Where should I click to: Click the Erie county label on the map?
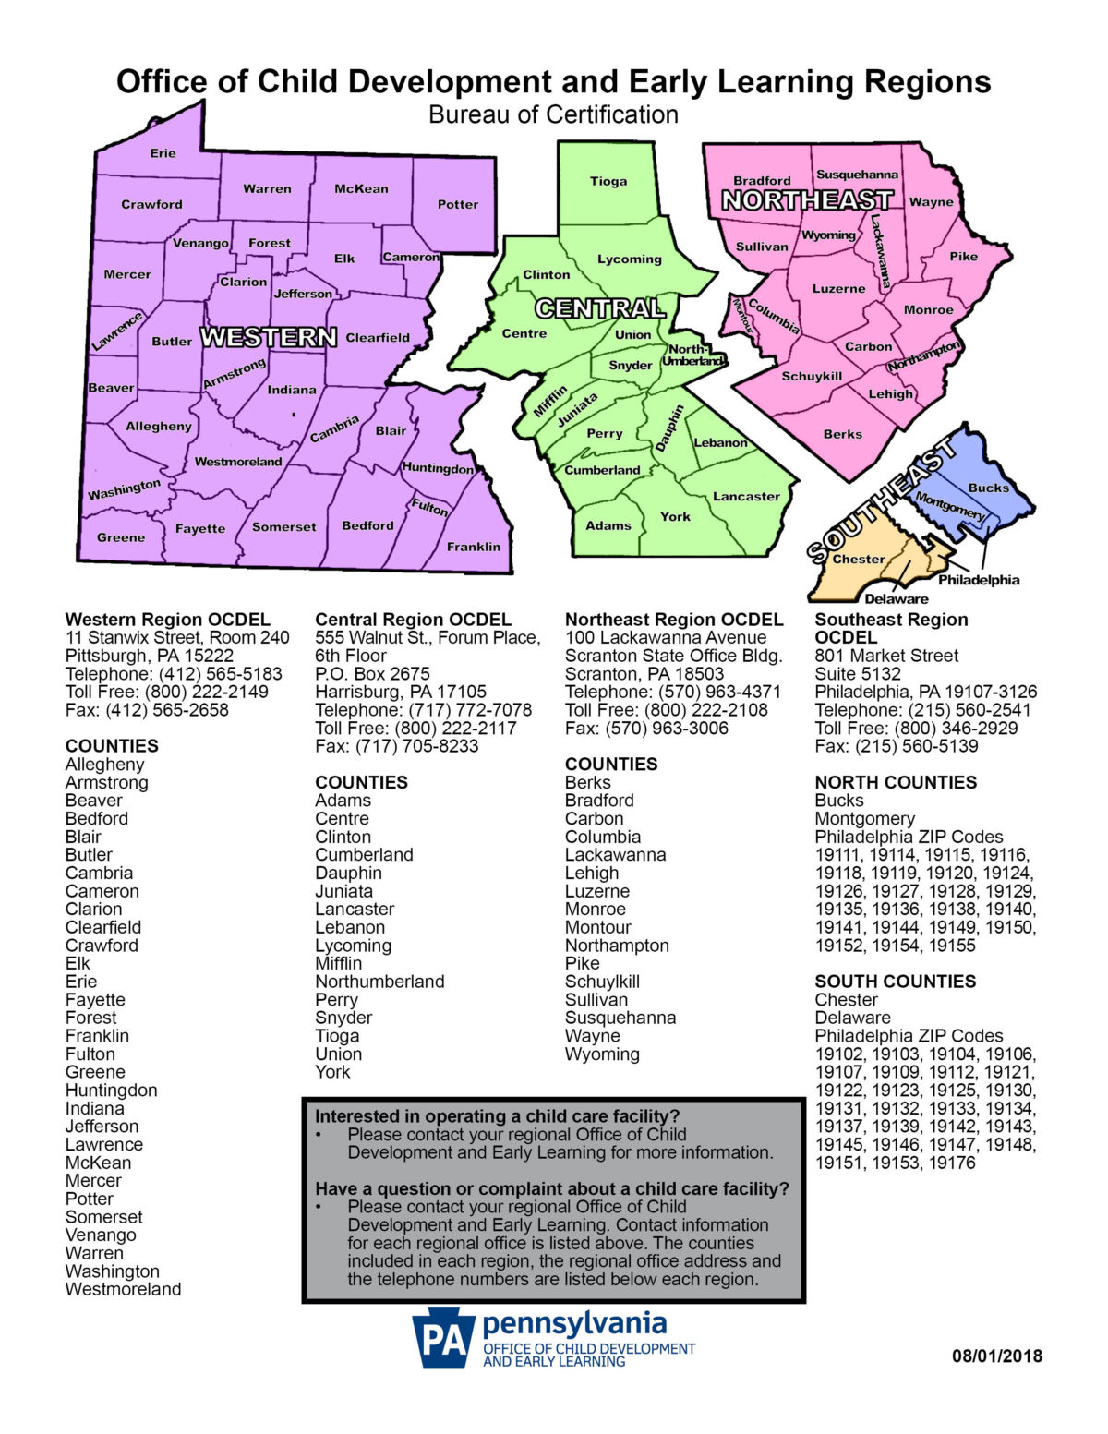tap(163, 153)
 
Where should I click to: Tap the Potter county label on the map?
tap(458, 204)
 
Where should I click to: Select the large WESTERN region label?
tap(269, 338)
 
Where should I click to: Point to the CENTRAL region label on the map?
tap(600, 308)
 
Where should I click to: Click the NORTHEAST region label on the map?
tap(807, 200)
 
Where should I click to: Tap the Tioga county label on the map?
tap(608, 181)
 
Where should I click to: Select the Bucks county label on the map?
tap(989, 488)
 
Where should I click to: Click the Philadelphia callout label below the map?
tap(979, 580)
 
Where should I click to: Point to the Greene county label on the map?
tap(121, 537)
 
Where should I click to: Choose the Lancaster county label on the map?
tap(746, 496)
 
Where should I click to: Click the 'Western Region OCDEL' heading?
tap(167, 620)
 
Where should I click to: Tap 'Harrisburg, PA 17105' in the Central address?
tap(401, 692)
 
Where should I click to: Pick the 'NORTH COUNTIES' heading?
tap(895, 782)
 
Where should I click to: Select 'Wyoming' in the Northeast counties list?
tap(602, 1054)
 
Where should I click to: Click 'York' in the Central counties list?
tap(332, 1072)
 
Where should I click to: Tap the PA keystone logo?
tap(443, 1338)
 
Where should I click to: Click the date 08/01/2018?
tap(997, 1356)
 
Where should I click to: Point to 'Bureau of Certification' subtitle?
tap(553, 114)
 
